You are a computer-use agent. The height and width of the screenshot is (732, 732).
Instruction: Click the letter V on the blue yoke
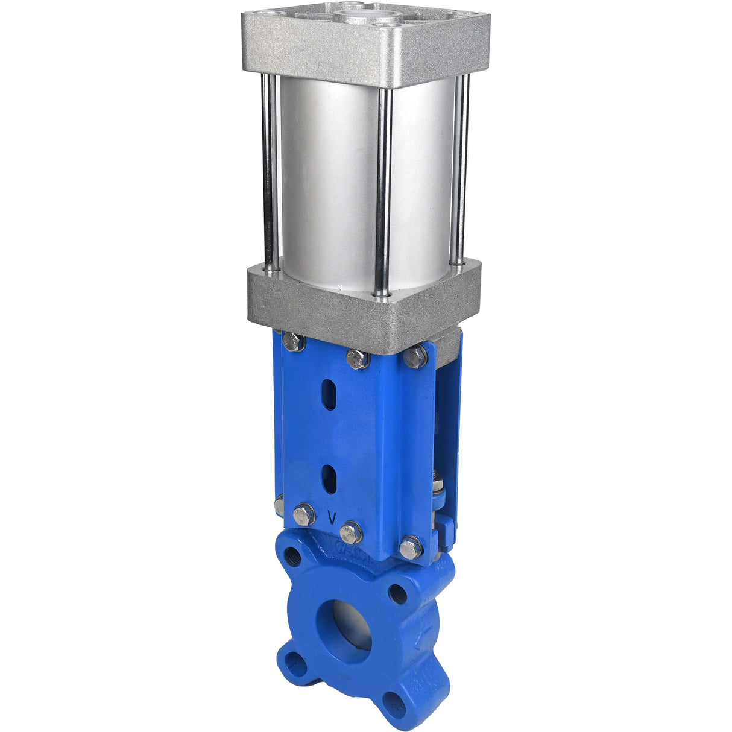click(x=331, y=517)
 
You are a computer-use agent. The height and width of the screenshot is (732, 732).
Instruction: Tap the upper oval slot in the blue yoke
click(x=329, y=396)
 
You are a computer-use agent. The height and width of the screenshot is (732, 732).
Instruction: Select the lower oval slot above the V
click(x=329, y=479)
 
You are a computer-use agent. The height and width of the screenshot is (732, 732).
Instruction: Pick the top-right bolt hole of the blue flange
click(x=397, y=593)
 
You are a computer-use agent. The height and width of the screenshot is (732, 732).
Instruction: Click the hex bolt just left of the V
click(x=304, y=514)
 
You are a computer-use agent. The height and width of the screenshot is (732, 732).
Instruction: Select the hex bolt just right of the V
click(x=351, y=532)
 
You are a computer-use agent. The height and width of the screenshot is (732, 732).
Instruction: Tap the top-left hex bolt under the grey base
click(x=293, y=341)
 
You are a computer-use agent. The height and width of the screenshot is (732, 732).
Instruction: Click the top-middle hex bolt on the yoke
click(x=358, y=359)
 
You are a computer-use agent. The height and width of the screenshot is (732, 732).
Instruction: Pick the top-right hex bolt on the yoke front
click(x=415, y=356)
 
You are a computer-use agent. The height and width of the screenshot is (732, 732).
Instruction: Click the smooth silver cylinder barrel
click(x=329, y=181)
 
